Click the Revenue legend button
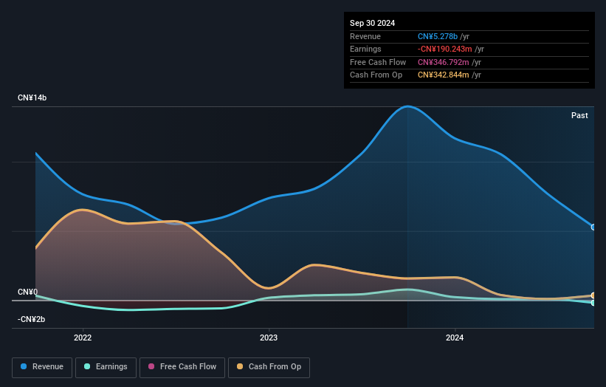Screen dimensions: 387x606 click(43, 366)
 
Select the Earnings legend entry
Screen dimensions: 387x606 click(106, 366)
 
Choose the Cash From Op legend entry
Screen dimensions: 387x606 click(269, 366)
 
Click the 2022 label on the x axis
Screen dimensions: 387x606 click(83, 338)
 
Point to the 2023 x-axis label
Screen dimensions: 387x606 click(269, 338)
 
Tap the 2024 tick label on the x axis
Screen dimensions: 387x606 click(455, 338)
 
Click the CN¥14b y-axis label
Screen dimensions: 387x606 click(32, 98)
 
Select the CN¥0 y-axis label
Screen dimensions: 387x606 click(27, 292)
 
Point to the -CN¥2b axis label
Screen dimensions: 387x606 click(32, 319)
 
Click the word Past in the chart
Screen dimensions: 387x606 click(579, 115)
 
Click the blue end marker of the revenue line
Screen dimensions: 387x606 click(593, 227)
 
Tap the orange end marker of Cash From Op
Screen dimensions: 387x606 click(593, 295)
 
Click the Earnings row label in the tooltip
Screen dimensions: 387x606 click(365, 49)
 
